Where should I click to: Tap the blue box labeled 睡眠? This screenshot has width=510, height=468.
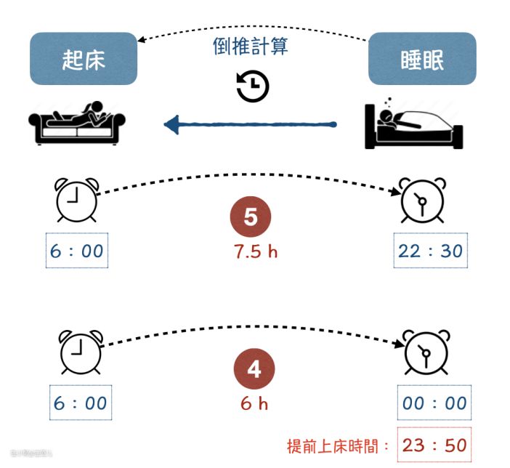coord(421,59)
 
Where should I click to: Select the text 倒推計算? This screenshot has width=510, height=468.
coord(251,47)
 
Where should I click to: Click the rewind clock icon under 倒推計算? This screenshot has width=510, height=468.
coord(253,86)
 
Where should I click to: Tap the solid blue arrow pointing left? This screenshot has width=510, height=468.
coord(251,126)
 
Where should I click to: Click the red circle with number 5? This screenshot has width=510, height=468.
coord(251,217)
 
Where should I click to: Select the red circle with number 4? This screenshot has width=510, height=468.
coord(254,369)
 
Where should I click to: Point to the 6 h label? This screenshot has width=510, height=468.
coord(254,403)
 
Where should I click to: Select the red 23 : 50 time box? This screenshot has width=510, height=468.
coord(434,445)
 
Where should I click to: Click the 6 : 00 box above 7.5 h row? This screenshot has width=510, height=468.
coord(77,251)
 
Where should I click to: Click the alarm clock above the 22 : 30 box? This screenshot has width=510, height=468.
coord(421,200)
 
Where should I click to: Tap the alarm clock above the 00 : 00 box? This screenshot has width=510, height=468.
coord(425,352)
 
